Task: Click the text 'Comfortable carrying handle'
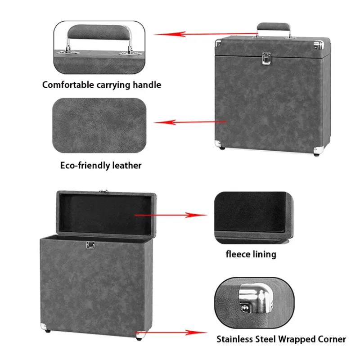pos(101,85)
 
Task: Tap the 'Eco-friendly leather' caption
pos(101,165)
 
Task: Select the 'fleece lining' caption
pos(251,254)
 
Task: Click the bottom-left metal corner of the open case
pos(44,325)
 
